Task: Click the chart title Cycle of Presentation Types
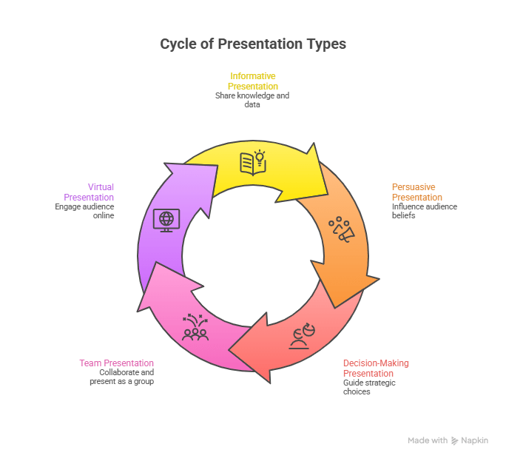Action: point(253,44)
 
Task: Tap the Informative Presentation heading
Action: point(253,81)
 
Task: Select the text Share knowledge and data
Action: point(252,100)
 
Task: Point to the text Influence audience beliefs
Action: point(424,211)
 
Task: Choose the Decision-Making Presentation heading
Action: point(376,368)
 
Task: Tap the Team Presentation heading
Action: point(117,363)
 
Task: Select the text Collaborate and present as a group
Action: point(127,377)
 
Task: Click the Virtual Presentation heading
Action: point(89,192)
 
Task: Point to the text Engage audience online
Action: point(84,211)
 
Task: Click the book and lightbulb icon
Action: point(253,162)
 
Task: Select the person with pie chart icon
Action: point(301,337)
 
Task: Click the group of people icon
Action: point(195,327)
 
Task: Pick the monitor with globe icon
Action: point(166,219)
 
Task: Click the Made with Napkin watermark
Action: point(448,440)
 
